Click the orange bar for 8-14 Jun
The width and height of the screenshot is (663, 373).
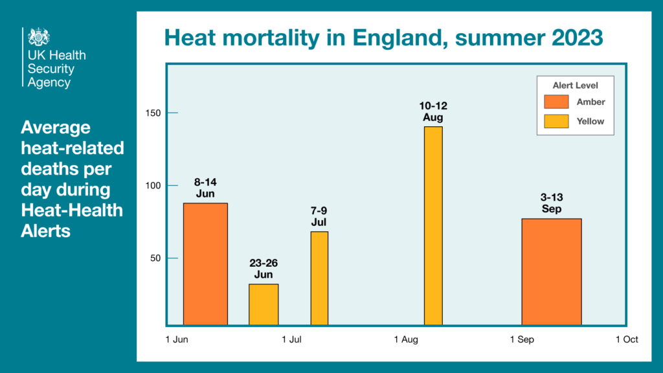tap(205, 264)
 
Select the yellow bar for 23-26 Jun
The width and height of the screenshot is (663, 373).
tap(264, 304)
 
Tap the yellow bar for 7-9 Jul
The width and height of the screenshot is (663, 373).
tap(319, 278)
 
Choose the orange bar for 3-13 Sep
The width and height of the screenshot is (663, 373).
tap(552, 271)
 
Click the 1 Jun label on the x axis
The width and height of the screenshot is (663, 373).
tap(178, 339)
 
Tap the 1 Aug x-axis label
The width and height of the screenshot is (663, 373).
tap(406, 339)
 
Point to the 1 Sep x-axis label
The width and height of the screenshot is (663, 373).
tap(522, 339)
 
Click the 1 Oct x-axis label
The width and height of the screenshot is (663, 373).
tap(627, 339)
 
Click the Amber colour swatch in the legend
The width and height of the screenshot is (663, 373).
tap(556, 102)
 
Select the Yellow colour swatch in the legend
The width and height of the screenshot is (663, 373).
tap(556, 121)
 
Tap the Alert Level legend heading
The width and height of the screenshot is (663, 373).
tap(575, 85)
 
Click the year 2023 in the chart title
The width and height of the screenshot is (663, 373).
tap(571, 38)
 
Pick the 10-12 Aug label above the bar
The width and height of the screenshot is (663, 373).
tap(434, 111)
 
